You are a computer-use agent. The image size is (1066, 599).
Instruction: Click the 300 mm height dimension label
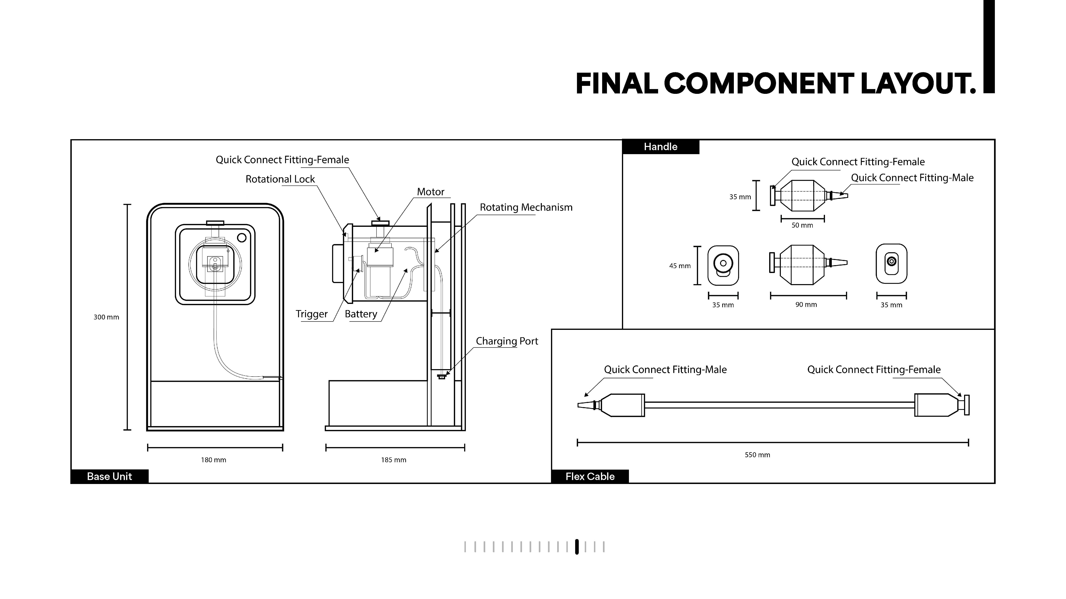(x=106, y=317)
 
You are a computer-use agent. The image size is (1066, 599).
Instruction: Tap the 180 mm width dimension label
(x=213, y=460)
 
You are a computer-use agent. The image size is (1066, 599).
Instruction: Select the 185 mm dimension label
(x=394, y=460)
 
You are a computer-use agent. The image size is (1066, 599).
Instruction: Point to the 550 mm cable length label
(x=757, y=455)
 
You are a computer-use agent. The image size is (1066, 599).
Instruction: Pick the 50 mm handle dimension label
(x=802, y=225)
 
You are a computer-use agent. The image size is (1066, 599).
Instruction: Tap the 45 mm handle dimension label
(x=680, y=266)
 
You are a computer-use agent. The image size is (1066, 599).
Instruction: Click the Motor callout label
(x=430, y=192)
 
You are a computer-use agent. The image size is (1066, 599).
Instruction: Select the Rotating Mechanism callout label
(x=526, y=207)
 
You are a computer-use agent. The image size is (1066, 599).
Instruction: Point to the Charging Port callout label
(x=507, y=341)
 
